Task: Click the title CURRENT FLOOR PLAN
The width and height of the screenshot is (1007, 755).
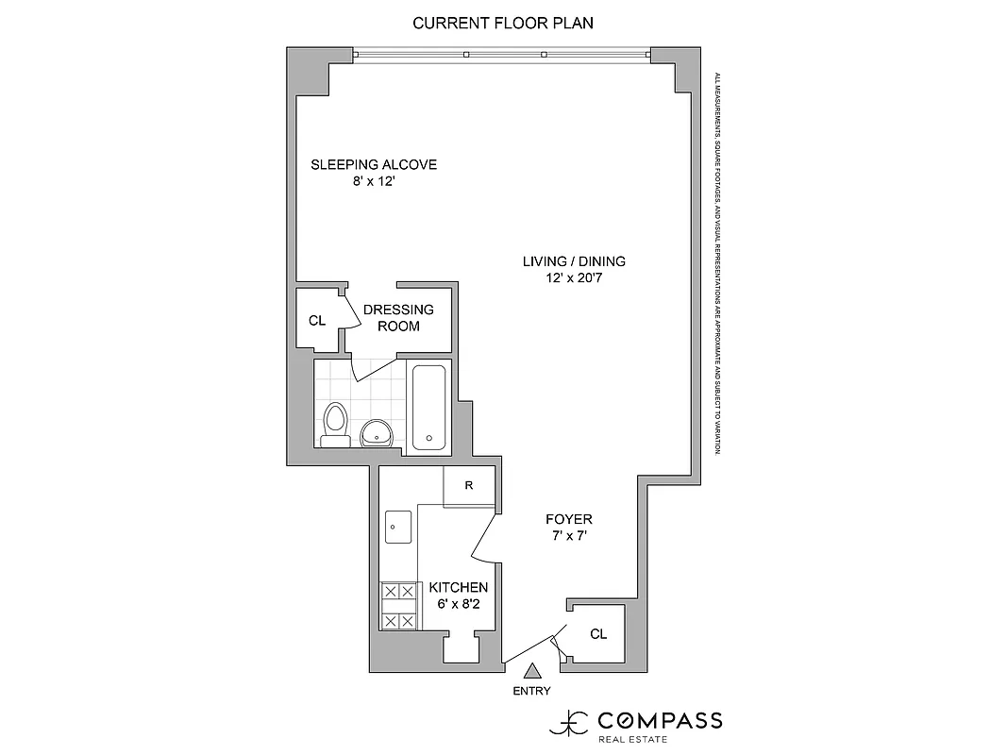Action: pos(503,23)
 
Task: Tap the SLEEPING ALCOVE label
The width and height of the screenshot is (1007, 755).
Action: pos(374,165)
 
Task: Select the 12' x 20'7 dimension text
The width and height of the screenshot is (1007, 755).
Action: pos(574,279)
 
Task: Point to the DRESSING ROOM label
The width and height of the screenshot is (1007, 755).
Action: pos(398,317)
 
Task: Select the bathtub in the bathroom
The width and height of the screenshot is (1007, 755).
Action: pos(429,406)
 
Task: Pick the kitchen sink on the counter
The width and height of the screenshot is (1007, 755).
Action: pos(396,528)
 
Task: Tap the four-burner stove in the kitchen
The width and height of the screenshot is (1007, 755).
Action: pos(398,606)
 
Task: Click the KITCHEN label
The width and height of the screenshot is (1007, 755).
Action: pos(459,587)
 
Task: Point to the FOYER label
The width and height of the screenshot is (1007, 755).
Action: pos(569,520)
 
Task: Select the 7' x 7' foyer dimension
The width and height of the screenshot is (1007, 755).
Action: pos(569,536)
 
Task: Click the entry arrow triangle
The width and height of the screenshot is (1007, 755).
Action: pos(532,671)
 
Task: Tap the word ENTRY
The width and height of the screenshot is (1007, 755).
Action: pos(531,691)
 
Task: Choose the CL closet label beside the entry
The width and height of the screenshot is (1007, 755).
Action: pos(598,634)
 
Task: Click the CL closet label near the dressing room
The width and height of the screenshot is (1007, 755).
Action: pos(317,321)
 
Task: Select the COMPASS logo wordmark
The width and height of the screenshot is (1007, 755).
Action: pos(660,721)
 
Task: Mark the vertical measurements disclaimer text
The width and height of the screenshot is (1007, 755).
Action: pos(717,264)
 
